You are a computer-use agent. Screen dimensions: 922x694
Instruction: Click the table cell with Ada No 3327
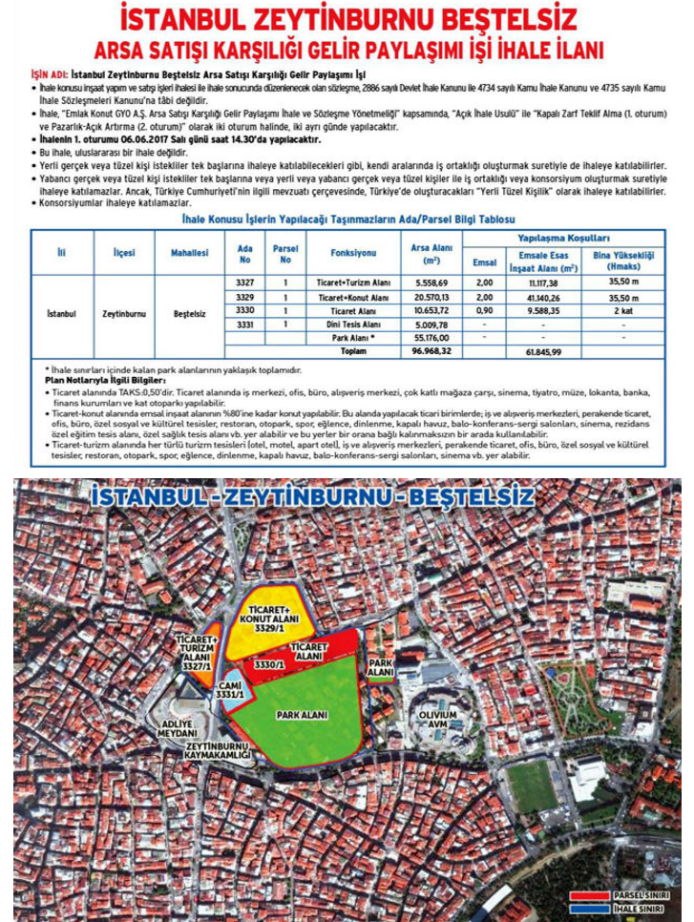coord(244,283)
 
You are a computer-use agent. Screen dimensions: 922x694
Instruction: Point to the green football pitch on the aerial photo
coord(532,785)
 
